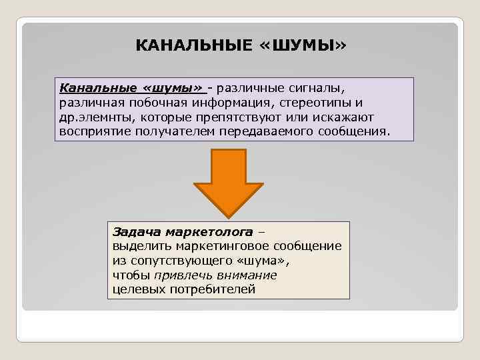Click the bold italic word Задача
point(134,233)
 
